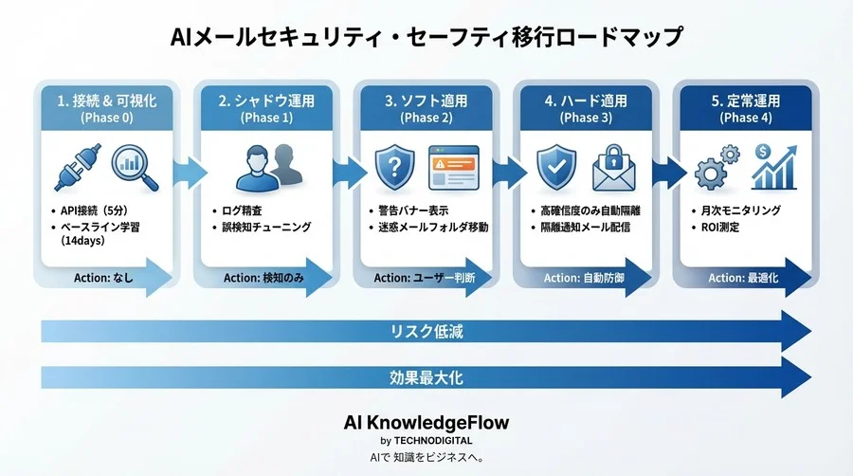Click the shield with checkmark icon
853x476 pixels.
[555, 167]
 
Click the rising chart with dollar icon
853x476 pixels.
[771, 166]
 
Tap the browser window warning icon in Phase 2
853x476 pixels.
[451, 168]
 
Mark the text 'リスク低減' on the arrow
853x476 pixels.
[426, 332]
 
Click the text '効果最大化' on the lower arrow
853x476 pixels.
[426, 377]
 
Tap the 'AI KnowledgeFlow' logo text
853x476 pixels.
[426, 422]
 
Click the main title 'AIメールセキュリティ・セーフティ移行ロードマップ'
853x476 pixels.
[426, 37]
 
